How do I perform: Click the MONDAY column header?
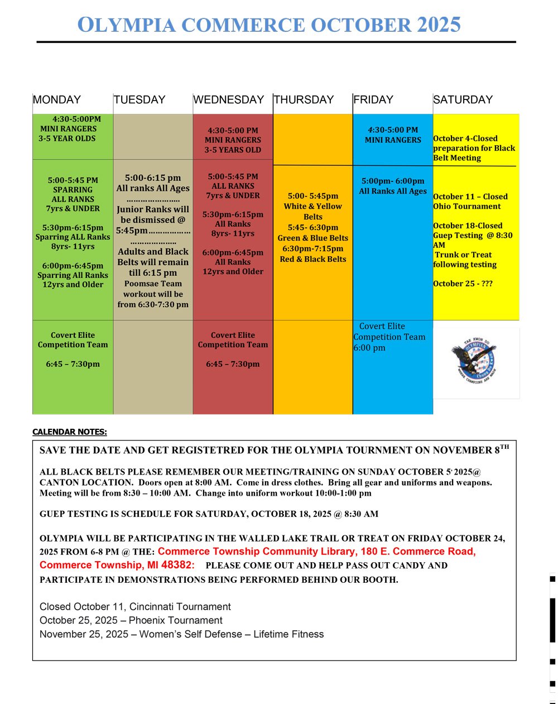coord(57,100)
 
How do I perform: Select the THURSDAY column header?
coord(304,100)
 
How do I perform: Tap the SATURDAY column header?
coord(463,100)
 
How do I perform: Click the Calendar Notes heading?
coord(70,432)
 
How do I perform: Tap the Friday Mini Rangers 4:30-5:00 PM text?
coord(393,135)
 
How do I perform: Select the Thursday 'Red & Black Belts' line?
coord(313,259)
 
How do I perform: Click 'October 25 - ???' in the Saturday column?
coord(463,284)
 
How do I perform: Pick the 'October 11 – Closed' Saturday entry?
coord(470,197)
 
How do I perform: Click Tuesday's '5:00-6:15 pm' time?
coord(153,178)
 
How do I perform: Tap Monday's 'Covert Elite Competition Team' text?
coord(73,340)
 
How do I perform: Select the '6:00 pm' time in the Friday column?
coord(369,348)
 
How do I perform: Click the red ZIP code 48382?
coord(176,565)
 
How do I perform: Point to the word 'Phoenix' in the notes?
coord(150,620)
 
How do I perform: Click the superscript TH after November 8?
coord(504,447)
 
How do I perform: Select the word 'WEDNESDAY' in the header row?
coord(229,100)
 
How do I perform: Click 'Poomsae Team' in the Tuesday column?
coord(153,284)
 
